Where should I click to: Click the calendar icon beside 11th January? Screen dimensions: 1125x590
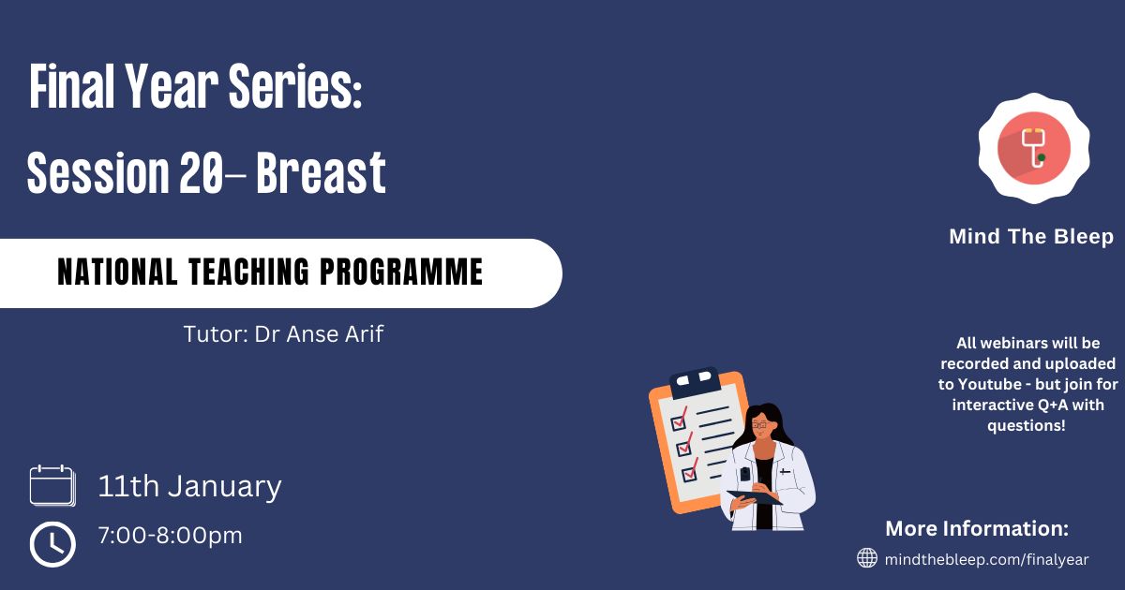(x=52, y=485)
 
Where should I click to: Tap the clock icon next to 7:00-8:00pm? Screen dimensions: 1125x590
(x=52, y=544)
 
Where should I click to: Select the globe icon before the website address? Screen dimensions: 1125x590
(x=867, y=558)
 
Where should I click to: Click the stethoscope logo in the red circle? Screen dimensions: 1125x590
(x=1034, y=148)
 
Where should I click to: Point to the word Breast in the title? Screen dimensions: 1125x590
(x=321, y=172)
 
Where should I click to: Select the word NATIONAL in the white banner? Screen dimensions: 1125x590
(x=117, y=272)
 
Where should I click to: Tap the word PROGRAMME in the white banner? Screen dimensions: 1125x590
(x=401, y=272)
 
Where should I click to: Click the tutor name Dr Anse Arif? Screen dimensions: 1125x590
(x=319, y=334)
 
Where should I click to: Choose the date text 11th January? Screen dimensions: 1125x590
(x=189, y=487)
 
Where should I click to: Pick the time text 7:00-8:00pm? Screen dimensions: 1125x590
(x=171, y=536)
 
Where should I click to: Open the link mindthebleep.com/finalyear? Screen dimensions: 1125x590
(x=986, y=559)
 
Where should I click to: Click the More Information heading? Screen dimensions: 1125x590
(x=977, y=528)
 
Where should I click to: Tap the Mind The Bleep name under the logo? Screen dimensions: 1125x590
(x=1031, y=236)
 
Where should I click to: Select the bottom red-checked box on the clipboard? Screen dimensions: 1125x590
(x=690, y=470)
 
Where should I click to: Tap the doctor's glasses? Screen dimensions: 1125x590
(x=759, y=425)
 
